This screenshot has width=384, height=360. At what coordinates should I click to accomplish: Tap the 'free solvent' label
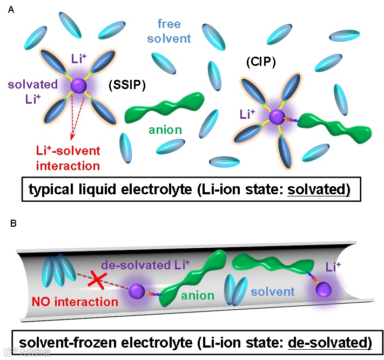point(173,31)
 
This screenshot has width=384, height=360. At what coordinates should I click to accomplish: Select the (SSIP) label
point(126,85)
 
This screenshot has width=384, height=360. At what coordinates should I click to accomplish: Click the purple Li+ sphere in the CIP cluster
point(277,116)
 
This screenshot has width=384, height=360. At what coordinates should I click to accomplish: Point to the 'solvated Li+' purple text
point(33,91)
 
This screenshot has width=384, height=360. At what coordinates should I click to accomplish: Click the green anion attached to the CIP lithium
point(334,128)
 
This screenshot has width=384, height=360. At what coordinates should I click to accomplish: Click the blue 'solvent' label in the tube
point(273,291)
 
